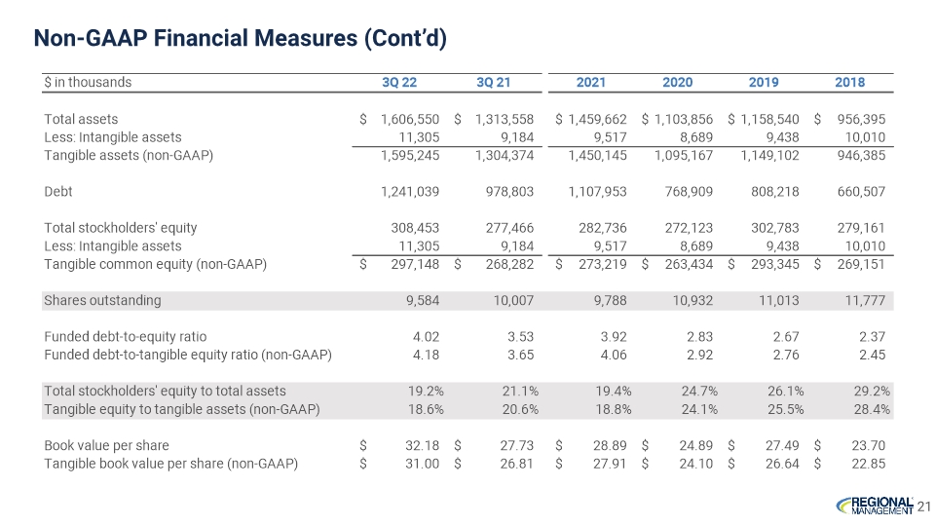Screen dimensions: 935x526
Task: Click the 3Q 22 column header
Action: tap(399, 82)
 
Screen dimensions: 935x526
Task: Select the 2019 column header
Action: tap(764, 82)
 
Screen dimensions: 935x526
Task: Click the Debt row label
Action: tap(57, 192)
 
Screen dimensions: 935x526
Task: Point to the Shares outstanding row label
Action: tap(102, 301)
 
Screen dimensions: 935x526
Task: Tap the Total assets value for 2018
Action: tap(861, 119)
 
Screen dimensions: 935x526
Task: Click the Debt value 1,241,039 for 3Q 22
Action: tap(410, 192)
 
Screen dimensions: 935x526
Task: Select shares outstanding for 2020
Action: tap(692, 301)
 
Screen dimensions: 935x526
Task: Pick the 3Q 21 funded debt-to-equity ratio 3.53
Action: tap(520, 337)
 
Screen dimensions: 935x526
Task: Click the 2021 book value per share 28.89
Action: tap(610, 445)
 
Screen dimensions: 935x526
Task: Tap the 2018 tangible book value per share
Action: tap(868, 464)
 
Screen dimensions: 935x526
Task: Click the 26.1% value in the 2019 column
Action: tap(785, 392)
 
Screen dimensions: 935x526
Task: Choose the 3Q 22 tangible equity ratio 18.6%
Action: tap(426, 410)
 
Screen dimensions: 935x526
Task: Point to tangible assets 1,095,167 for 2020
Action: tap(684, 156)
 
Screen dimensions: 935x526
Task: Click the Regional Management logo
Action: tap(875, 506)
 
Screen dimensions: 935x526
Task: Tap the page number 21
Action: tap(923, 507)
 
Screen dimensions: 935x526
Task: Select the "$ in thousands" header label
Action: tap(88, 82)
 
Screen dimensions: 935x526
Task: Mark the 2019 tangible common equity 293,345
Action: tap(774, 264)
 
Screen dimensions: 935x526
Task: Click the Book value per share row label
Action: tap(106, 445)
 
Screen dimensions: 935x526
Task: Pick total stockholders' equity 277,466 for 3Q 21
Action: tap(509, 228)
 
